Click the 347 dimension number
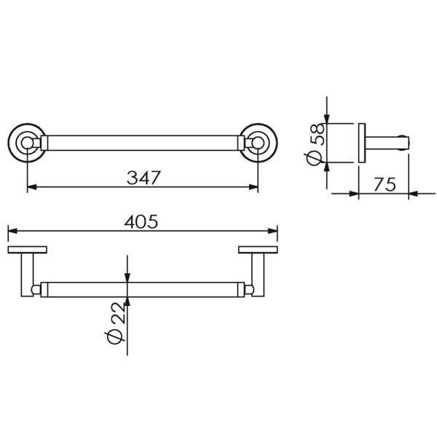point(143,178)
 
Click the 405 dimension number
point(141,221)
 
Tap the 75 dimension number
point(385,184)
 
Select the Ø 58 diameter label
point(315,144)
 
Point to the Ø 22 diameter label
point(115,323)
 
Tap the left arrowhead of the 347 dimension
point(32,186)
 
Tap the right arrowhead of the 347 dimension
point(253,186)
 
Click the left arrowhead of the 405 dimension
point(13,231)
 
